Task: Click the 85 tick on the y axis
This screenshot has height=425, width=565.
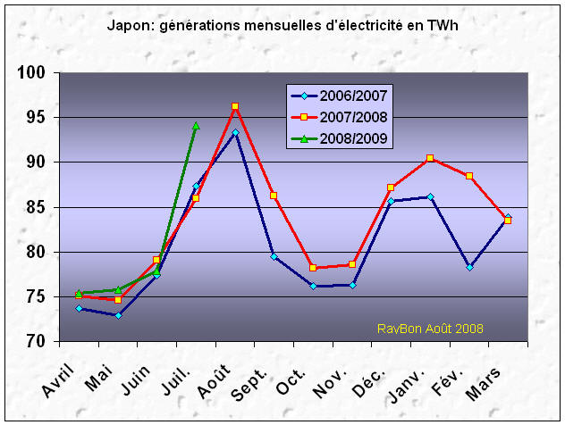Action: (x=38, y=207)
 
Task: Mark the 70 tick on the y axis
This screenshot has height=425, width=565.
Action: (x=38, y=342)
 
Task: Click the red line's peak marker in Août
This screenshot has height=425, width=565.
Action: (x=235, y=106)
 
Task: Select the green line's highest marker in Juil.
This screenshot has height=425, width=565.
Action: (x=196, y=126)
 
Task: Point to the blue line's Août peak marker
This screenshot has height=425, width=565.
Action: (x=235, y=132)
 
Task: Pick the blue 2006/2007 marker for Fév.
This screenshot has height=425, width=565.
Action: (x=469, y=267)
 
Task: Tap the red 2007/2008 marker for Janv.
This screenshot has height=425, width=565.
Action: (x=430, y=158)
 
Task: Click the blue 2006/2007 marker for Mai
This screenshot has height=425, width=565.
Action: (x=118, y=315)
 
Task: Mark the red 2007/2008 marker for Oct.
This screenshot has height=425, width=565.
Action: (x=313, y=268)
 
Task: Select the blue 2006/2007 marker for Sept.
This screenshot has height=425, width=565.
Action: (x=274, y=256)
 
